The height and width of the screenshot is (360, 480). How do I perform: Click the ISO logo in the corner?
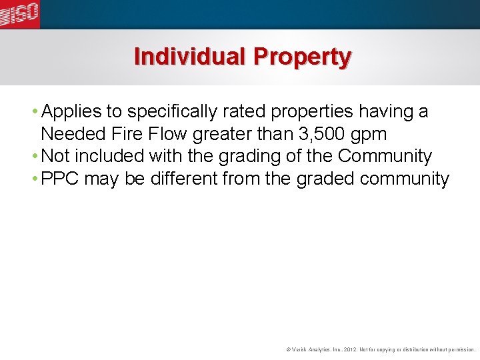[x=20, y=14]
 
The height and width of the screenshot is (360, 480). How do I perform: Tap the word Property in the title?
[x=301, y=58]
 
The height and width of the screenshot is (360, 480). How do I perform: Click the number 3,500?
[x=323, y=134]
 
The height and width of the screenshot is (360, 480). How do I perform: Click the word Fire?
[x=126, y=134]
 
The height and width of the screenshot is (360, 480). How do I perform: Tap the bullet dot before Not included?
[x=35, y=157]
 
